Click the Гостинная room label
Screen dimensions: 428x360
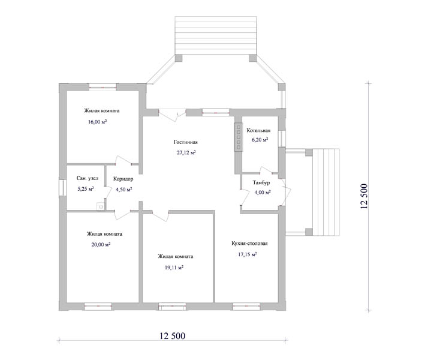pyautogui.click(x=186, y=142)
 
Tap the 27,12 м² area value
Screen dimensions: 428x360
pyautogui.click(x=186, y=152)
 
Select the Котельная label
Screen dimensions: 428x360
pyautogui.click(x=258, y=130)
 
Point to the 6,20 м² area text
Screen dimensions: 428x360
pyautogui.click(x=260, y=140)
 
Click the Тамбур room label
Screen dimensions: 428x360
pyautogui.click(x=261, y=182)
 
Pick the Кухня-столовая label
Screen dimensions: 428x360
pyautogui.click(x=249, y=243)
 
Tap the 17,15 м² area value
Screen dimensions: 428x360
pyautogui.click(x=248, y=254)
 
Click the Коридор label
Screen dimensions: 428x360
pyautogui.click(x=123, y=179)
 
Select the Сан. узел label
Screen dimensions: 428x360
pyautogui.click(x=88, y=178)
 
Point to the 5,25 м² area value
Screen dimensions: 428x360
pyautogui.click(x=86, y=188)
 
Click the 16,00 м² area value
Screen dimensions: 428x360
pyautogui.click(x=98, y=122)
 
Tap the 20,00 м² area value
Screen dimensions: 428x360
pyautogui.click(x=101, y=244)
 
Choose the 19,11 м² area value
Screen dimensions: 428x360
pyautogui.click(x=174, y=268)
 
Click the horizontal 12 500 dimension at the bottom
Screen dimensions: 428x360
pyautogui.click(x=173, y=335)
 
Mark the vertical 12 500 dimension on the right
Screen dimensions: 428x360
pyautogui.click(x=364, y=196)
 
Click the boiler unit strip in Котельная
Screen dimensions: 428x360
pyautogui.click(x=239, y=137)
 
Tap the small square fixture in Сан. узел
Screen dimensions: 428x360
pyautogui.click(x=101, y=207)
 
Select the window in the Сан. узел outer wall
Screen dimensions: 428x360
pyautogui.click(x=62, y=188)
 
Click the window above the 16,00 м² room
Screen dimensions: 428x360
pyautogui.click(x=103, y=87)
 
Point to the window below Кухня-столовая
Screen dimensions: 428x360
pyautogui.click(x=246, y=307)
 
